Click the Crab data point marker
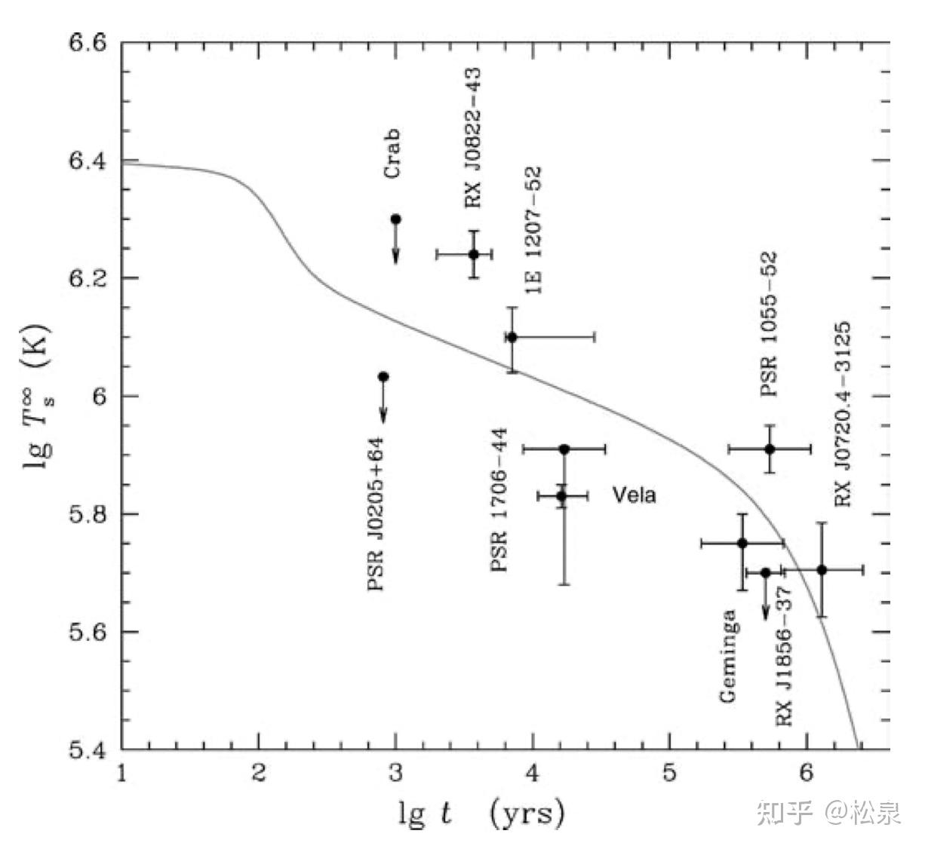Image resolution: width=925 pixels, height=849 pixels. [395, 219]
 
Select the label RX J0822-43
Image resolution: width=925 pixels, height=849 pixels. [473, 138]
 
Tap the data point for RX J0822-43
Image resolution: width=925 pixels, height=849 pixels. [474, 254]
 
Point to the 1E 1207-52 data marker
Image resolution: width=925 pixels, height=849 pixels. [512, 337]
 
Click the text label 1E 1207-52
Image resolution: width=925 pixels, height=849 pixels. [533, 230]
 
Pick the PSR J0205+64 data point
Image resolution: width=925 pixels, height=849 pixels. [383, 376]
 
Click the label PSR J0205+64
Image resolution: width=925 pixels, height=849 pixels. [375, 513]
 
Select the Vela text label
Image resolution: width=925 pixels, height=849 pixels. [634, 495]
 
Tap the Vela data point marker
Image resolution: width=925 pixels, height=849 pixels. [561, 496]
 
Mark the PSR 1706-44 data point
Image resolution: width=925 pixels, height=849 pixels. [564, 449]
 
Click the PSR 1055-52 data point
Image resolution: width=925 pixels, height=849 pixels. [770, 449]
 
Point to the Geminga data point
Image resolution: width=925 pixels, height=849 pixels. [742, 543]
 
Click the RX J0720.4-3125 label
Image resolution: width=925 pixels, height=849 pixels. [843, 414]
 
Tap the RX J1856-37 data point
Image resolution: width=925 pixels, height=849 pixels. [766, 572]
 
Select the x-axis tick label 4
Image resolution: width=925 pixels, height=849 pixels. [533, 773]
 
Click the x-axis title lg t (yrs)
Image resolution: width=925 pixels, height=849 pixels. [481, 814]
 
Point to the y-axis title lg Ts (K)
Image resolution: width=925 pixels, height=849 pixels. [38, 397]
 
